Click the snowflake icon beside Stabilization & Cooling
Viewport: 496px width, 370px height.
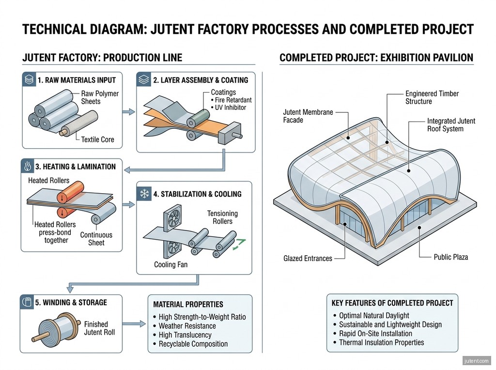click(x=144, y=194)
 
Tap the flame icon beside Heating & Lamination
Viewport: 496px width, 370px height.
click(x=28, y=166)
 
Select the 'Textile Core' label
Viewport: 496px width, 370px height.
click(x=97, y=139)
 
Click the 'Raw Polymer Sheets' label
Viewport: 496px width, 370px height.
click(x=100, y=97)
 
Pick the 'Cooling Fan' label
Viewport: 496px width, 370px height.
click(x=171, y=264)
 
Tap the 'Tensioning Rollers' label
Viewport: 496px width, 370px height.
click(x=222, y=217)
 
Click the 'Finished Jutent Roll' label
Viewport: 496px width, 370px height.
click(x=99, y=328)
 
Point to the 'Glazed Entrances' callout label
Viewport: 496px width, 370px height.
click(x=308, y=258)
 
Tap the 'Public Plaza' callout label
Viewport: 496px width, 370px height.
click(x=451, y=257)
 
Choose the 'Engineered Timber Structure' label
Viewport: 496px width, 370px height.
click(x=432, y=97)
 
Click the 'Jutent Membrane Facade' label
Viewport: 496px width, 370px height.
click(x=308, y=116)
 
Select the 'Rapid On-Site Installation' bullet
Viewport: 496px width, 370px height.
click(x=375, y=334)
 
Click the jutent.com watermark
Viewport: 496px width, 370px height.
click(x=476, y=361)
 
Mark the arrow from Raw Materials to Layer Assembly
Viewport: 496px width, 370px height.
click(x=129, y=112)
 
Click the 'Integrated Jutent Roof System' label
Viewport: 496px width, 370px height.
click(x=451, y=125)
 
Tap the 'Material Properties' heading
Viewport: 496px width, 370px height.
click(x=188, y=305)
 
